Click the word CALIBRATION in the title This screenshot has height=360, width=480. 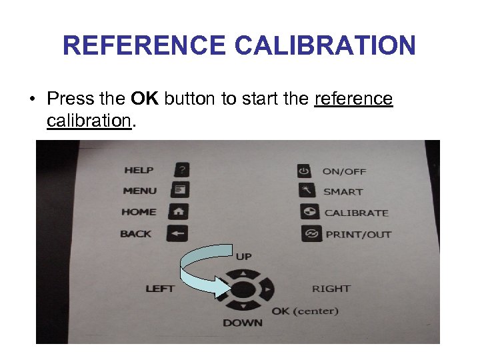325,46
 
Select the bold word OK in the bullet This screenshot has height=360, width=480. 145,99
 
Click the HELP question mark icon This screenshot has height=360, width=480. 181,169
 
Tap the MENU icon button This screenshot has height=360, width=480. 181,190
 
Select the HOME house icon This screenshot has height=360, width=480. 180,211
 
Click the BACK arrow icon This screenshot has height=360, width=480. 180,233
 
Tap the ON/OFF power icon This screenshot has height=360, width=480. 304,171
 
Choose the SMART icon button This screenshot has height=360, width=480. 306,191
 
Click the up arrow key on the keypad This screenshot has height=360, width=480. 244,273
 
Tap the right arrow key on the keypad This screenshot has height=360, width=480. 267,291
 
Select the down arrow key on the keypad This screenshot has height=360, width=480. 244,306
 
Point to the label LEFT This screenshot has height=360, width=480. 160,289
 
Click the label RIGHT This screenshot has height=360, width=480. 331,289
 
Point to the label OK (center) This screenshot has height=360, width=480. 305,311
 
